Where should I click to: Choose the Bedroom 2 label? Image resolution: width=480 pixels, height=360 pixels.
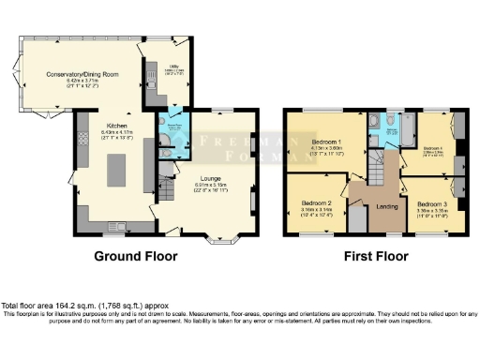tap(317, 202)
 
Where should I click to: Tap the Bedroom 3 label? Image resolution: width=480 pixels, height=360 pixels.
tap(433, 203)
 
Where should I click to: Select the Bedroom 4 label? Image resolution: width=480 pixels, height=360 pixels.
tap(432, 148)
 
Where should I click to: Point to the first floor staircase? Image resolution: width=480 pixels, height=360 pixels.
tap(377, 169)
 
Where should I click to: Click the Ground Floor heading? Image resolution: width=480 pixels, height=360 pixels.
tap(138, 254)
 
